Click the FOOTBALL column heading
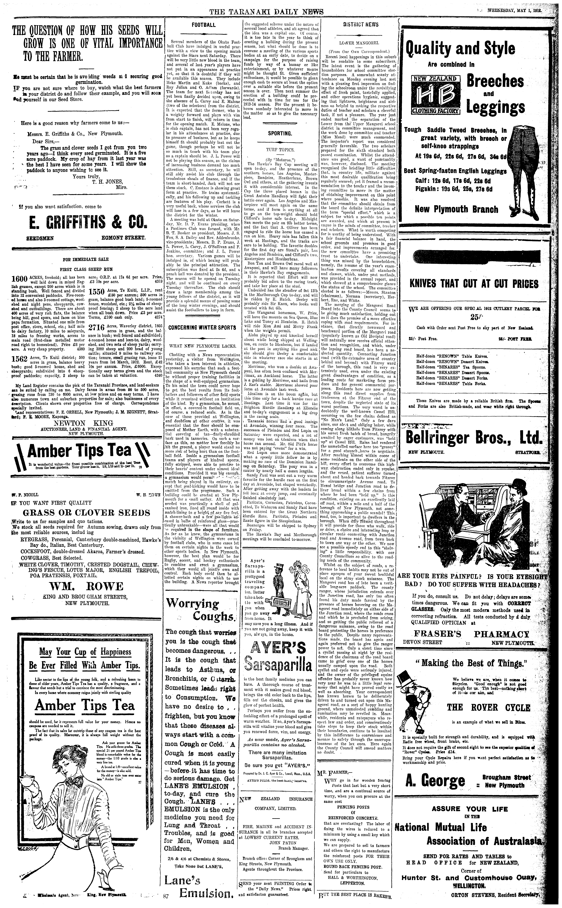tap(203, 25)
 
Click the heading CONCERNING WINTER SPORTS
tap(202, 328)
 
